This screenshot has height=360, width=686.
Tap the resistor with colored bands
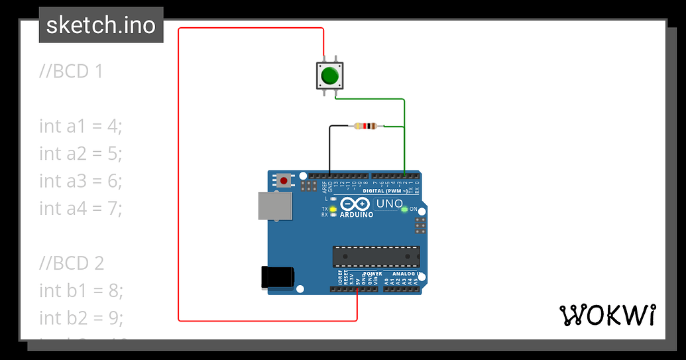[365, 126]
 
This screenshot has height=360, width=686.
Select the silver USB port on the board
[274, 206]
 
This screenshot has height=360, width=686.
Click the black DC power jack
[278, 277]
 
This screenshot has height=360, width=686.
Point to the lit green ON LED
[404, 210]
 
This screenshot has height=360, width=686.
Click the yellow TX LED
[333, 209]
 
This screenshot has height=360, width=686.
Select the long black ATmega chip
[376, 255]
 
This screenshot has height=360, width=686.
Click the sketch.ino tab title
[101, 25]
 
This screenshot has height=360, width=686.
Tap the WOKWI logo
[608, 316]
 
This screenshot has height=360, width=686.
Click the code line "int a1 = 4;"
[81, 126]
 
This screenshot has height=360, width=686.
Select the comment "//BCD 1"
[71, 71]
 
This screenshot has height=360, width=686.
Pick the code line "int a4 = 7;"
[81, 208]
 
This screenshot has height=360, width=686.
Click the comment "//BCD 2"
[72, 263]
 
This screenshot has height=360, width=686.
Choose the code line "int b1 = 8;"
[81, 290]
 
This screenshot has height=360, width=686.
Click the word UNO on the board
[389, 204]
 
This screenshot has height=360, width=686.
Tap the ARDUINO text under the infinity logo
[357, 215]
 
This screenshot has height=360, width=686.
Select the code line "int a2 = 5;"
[81, 153]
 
